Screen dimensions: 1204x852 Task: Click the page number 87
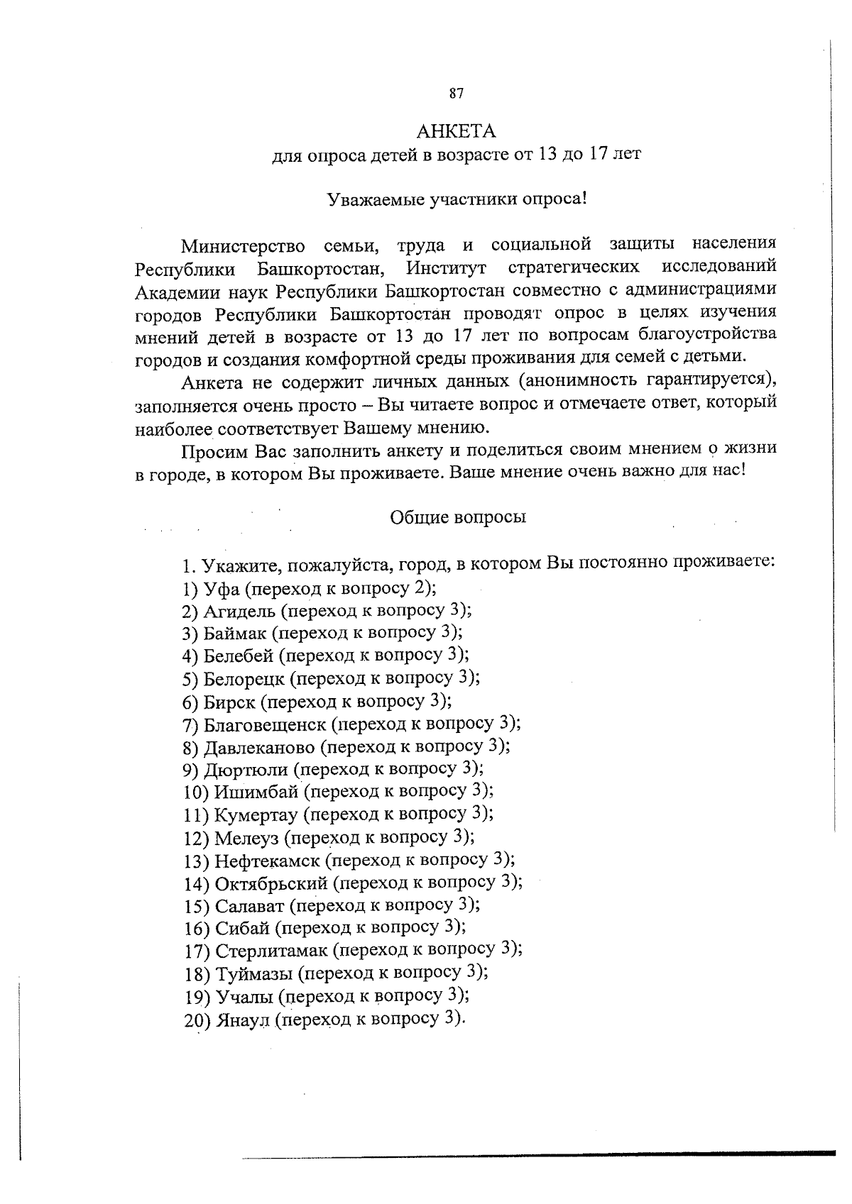457,93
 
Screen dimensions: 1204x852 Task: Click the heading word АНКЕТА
456,132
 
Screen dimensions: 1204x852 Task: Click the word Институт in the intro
446,268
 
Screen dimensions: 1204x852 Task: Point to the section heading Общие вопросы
458,517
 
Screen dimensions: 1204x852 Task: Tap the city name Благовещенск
265,725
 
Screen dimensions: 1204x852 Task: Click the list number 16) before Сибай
196,929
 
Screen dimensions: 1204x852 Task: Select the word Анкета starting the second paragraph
211,382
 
